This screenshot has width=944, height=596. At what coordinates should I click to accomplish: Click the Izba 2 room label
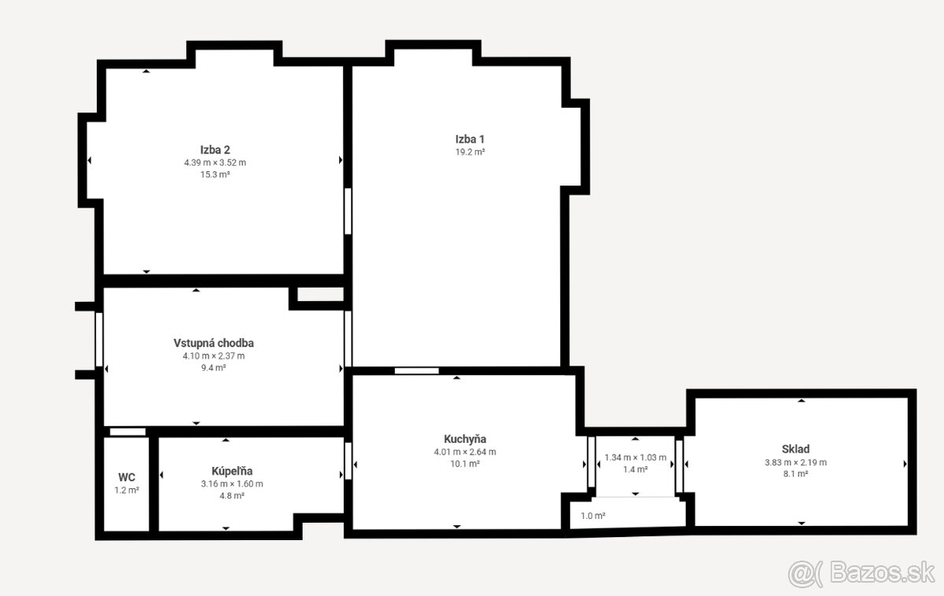click(215, 150)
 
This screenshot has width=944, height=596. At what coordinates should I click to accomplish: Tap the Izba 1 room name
click(470, 139)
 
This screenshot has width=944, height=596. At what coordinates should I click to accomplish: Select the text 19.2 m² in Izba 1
click(470, 152)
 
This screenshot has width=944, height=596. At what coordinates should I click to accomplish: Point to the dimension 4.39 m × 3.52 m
click(215, 163)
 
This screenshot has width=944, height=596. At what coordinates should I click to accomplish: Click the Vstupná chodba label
click(214, 343)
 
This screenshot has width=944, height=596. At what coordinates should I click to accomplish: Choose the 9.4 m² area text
click(214, 368)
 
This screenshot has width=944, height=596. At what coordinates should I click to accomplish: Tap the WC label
click(127, 477)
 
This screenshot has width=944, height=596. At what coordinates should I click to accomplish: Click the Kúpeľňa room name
click(232, 471)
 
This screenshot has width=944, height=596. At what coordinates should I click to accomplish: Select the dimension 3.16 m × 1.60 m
click(232, 484)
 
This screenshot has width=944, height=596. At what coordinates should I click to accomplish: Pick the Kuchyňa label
click(465, 440)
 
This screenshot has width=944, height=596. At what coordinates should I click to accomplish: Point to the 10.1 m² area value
click(465, 464)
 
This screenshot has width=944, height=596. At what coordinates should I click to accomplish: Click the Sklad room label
click(795, 449)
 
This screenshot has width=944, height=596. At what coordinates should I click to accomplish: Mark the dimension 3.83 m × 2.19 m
click(795, 462)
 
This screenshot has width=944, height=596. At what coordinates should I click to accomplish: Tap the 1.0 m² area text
click(593, 516)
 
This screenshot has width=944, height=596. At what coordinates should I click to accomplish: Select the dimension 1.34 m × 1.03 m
click(636, 458)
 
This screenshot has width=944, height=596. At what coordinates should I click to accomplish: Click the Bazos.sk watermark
click(861, 573)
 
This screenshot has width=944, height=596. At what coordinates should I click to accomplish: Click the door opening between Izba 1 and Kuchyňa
click(416, 370)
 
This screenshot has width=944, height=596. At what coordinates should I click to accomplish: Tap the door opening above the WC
click(127, 432)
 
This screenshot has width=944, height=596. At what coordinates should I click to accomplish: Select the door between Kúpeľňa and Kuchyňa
click(348, 461)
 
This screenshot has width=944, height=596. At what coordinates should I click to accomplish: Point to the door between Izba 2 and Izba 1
click(348, 211)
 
